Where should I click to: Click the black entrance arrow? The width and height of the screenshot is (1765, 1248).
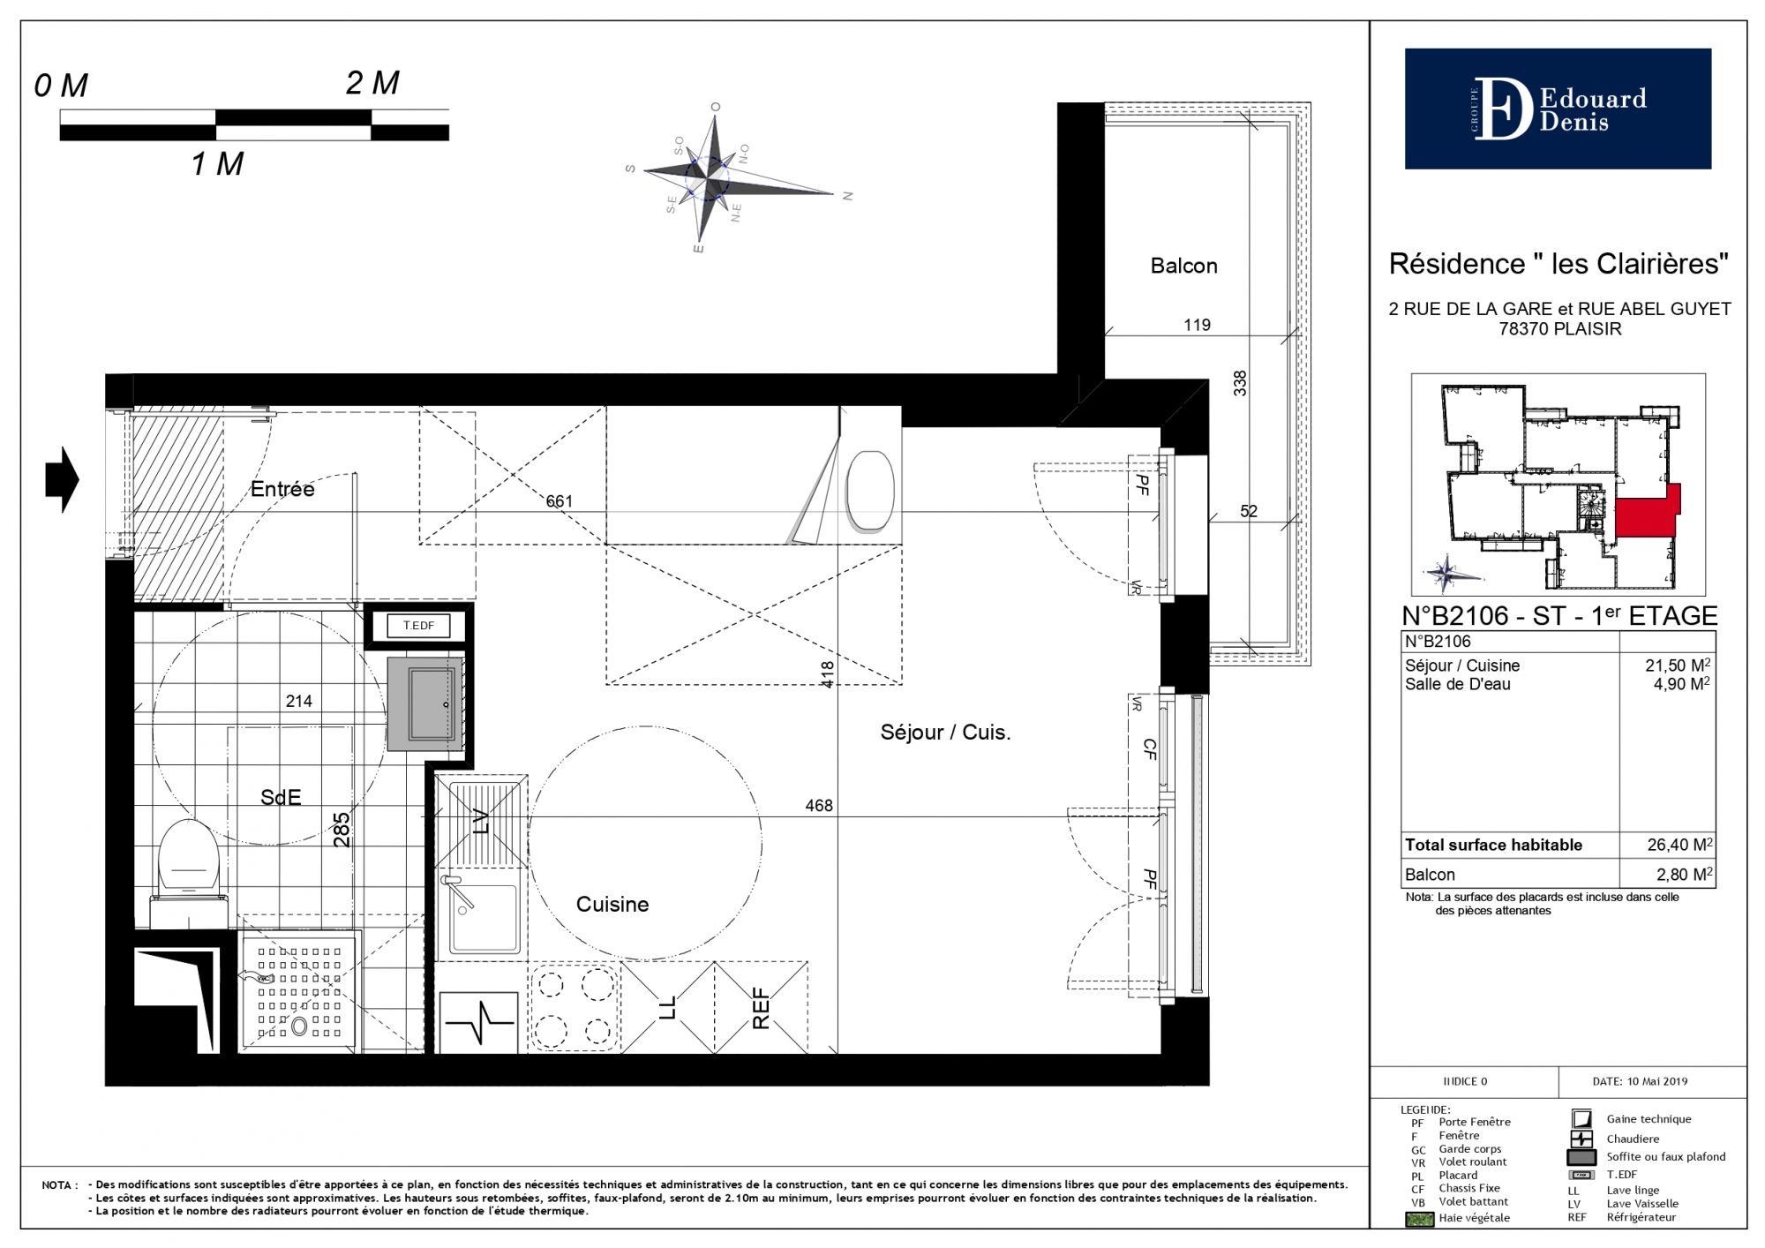[x=63, y=480]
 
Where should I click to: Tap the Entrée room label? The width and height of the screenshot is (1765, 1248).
[x=282, y=489]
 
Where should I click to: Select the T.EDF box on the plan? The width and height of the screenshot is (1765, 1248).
[x=418, y=626]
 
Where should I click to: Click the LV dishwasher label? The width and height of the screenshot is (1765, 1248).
[x=481, y=822]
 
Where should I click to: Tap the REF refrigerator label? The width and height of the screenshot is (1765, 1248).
[x=761, y=1009]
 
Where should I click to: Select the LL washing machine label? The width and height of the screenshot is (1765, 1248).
[x=667, y=1008]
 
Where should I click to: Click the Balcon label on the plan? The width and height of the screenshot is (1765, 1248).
[x=1183, y=266]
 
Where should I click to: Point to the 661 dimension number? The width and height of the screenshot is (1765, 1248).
[x=559, y=501]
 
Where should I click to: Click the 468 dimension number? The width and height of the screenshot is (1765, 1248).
[x=819, y=805]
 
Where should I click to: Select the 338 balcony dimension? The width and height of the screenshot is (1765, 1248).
[x=1240, y=383]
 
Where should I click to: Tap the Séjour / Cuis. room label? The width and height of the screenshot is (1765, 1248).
[x=945, y=733]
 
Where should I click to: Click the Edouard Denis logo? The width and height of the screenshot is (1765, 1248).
[x=1558, y=109]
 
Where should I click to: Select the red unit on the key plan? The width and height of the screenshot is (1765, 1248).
[x=1647, y=513]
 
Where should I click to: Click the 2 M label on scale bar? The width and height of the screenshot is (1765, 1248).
[x=372, y=83]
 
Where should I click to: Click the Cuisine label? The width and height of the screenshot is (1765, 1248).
[x=612, y=905]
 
